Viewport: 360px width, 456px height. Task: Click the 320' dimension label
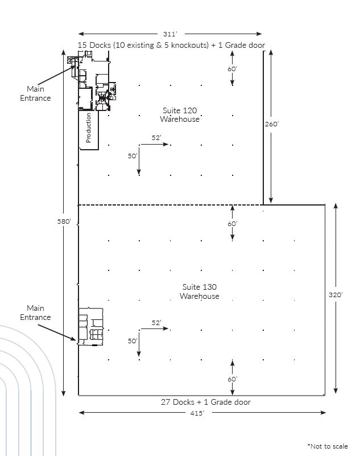coord(336,295)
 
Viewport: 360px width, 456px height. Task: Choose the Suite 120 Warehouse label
coord(179,115)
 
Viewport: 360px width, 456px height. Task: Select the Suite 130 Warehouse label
coord(199,291)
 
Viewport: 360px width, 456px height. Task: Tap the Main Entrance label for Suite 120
coord(39,93)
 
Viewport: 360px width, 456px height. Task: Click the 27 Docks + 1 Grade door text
coord(205,402)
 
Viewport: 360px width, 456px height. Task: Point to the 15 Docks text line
coord(171,45)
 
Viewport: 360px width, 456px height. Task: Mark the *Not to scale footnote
coord(327,446)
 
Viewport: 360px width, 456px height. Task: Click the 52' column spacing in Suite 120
coord(156,138)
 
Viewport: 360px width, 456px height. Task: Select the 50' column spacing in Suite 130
coord(133,341)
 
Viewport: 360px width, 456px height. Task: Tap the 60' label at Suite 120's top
coord(232,68)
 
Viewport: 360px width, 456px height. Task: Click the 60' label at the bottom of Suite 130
coord(232,379)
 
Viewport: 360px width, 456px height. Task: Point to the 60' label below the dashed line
coord(232,224)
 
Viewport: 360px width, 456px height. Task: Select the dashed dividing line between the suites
coord(171,204)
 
